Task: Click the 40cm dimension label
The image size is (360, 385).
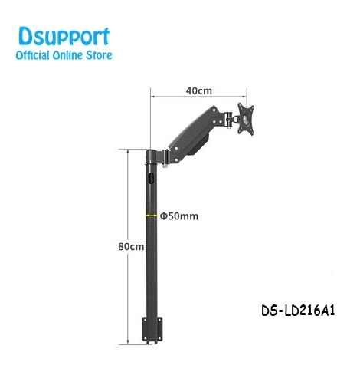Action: [198, 90]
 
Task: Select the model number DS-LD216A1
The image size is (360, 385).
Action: [298, 311]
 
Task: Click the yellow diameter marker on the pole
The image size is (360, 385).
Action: [152, 216]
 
